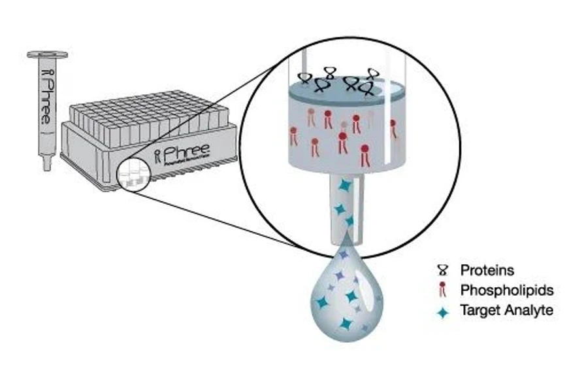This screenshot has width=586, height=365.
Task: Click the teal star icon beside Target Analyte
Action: [x=444, y=312]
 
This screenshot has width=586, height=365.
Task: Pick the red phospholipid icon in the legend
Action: [x=444, y=290]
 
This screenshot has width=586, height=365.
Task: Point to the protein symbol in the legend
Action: [x=444, y=269]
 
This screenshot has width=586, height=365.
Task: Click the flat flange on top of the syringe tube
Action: [x=47, y=56]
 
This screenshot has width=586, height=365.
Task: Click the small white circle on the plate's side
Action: [x=133, y=175]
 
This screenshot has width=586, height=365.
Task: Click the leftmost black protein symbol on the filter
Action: [x=304, y=78]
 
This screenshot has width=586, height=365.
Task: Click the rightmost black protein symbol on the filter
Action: [x=372, y=73]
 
